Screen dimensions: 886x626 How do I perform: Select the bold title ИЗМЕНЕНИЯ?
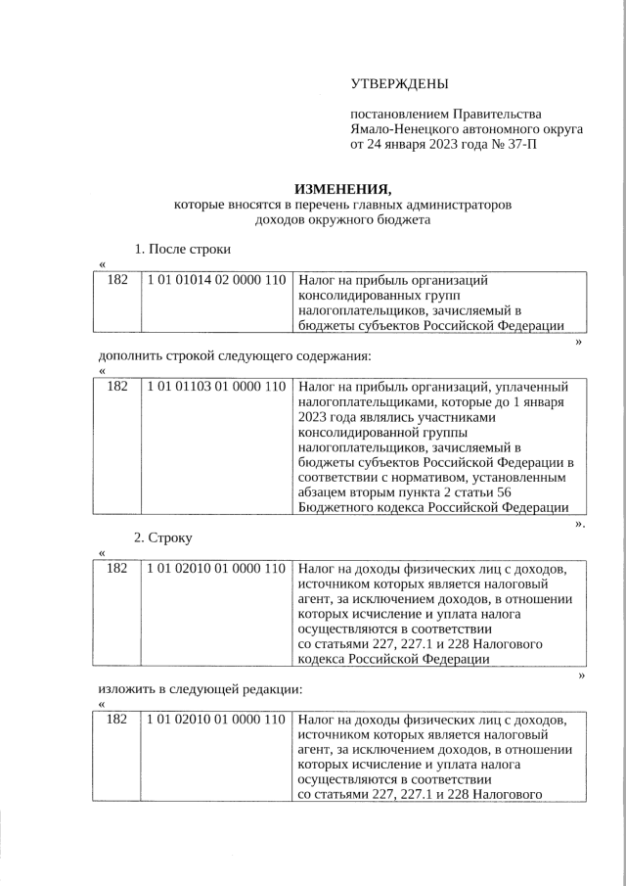pyautogui.click(x=342, y=189)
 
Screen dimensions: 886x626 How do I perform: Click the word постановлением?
pyautogui.click(x=399, y=115)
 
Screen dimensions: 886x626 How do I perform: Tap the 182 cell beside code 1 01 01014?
pyautogui.click(x=116, y=280)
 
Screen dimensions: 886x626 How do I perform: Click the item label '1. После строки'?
pyautogui.click(x=182, y=250)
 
